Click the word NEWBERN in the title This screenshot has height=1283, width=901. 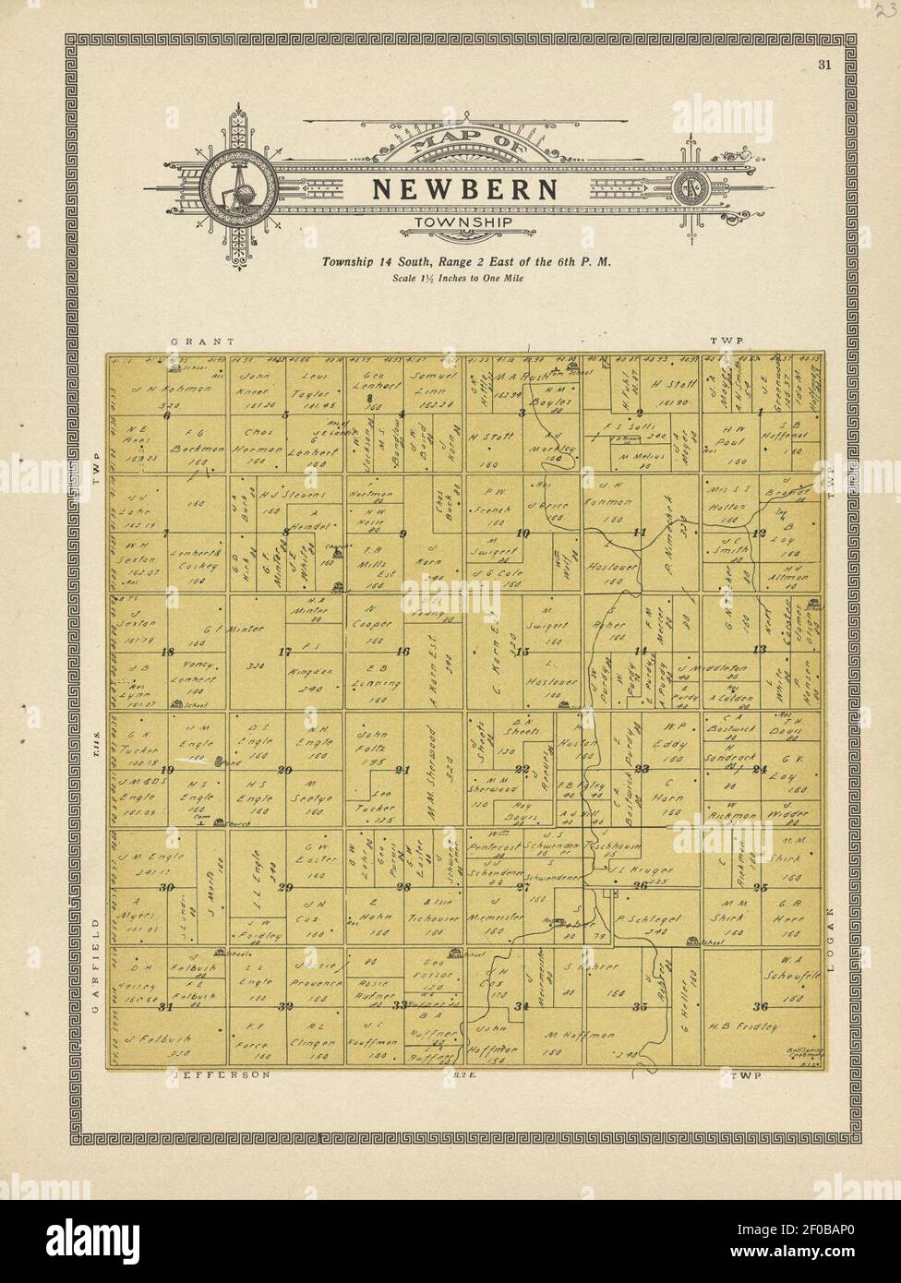464,189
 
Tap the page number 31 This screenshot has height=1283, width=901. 824,65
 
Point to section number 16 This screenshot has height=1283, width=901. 402,651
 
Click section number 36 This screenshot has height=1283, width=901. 762,1006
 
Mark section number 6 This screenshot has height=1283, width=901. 167,414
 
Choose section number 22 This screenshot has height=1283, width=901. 523,769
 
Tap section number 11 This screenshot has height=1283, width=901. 639,533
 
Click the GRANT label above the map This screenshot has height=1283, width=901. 193,341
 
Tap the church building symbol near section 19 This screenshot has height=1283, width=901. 219,821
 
